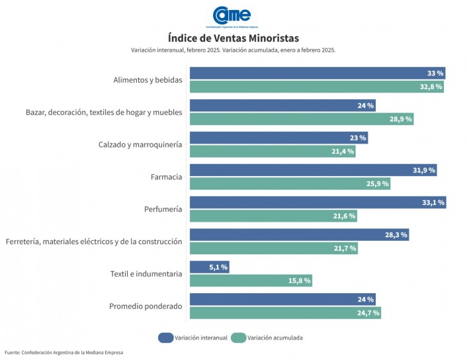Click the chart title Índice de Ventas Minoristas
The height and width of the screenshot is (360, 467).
233,38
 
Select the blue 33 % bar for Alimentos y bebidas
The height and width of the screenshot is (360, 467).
318,73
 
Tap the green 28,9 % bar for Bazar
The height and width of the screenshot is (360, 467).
301,119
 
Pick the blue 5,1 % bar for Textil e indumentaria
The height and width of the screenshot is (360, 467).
209,267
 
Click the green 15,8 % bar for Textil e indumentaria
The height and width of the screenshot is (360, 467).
251,281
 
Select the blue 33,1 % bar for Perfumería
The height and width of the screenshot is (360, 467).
318,202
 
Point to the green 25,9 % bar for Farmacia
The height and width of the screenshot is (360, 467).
290,183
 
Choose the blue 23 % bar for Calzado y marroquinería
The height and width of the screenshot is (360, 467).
278,138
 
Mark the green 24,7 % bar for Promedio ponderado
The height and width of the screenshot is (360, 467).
285,313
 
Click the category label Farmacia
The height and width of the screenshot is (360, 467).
166,177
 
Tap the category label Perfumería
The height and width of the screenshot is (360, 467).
163,209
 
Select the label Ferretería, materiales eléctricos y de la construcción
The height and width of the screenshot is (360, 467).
93,242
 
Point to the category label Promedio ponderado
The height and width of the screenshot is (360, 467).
145,306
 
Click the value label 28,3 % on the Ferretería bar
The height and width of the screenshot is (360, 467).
396,235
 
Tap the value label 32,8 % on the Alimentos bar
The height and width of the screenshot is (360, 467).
431,87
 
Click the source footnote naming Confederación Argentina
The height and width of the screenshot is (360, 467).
64,353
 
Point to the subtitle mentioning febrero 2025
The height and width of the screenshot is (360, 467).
233,50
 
